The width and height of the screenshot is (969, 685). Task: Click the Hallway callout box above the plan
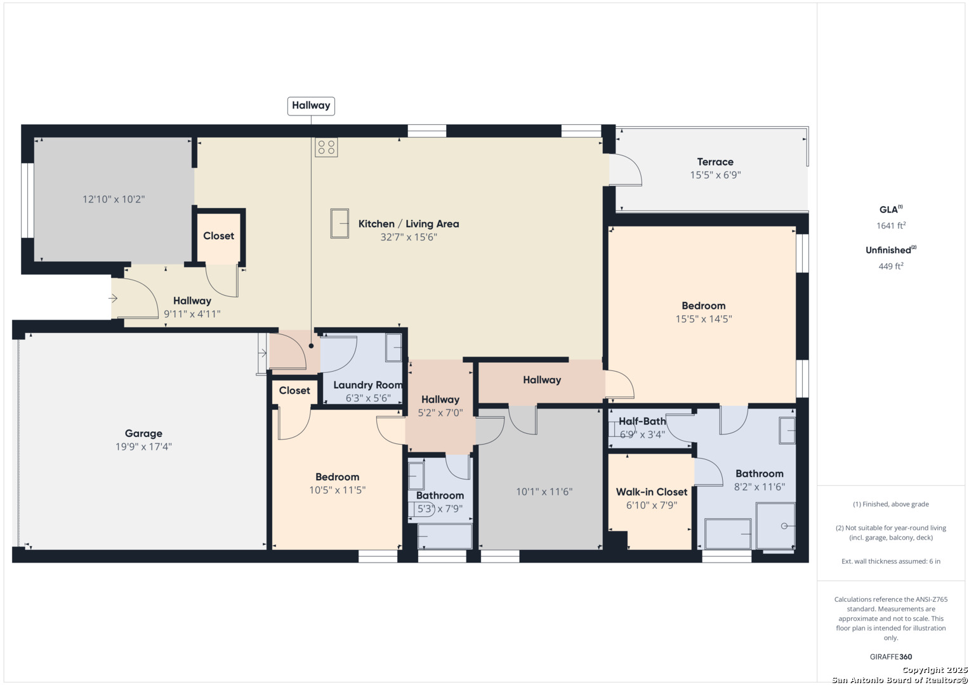[311, 106]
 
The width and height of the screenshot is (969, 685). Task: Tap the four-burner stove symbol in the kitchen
[326, 147]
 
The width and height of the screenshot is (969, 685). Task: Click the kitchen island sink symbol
[339, 223]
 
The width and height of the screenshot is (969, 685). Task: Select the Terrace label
[715, 162]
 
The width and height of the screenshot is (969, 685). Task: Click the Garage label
[143, 433]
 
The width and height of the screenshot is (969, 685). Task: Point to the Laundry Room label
[368, 385]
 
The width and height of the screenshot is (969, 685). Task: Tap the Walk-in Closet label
[652, 492]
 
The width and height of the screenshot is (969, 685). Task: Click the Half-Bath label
[642, 421]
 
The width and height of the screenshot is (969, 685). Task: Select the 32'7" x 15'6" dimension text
[409, 237]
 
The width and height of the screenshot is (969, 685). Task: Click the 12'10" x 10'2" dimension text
[114, 199]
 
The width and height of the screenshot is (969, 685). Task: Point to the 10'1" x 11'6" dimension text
[544, 492]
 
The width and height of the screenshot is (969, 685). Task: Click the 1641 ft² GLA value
[891, 225]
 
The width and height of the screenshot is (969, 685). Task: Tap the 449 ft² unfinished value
[891, 266]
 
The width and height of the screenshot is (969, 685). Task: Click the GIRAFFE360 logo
[891, 656]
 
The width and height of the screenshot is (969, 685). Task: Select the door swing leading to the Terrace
[626, 170]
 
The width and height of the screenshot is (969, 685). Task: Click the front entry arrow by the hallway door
[113, 298]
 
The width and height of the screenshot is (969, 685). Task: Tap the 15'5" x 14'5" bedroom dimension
[703, 318]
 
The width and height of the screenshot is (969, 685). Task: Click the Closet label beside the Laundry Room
[294, 391]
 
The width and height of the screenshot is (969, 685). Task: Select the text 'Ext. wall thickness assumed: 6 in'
[891, 561]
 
